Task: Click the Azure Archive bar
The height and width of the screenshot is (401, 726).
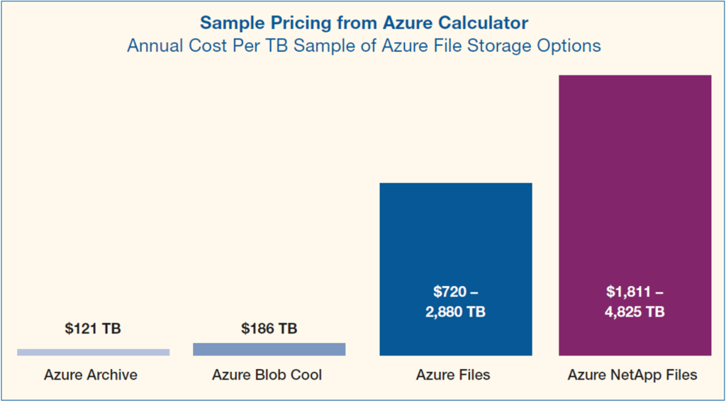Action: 93,352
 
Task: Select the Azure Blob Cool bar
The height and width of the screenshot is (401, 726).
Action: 269,349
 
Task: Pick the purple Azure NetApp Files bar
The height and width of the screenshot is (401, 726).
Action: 635,177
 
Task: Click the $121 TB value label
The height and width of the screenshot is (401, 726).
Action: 93,329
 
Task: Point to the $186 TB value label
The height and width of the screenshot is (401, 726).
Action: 269,329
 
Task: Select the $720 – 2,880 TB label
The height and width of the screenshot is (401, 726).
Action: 455,302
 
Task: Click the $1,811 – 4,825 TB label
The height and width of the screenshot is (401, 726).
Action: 635,302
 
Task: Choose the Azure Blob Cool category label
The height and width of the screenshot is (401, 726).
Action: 267,375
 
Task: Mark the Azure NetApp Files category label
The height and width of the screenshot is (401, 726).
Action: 632,375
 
